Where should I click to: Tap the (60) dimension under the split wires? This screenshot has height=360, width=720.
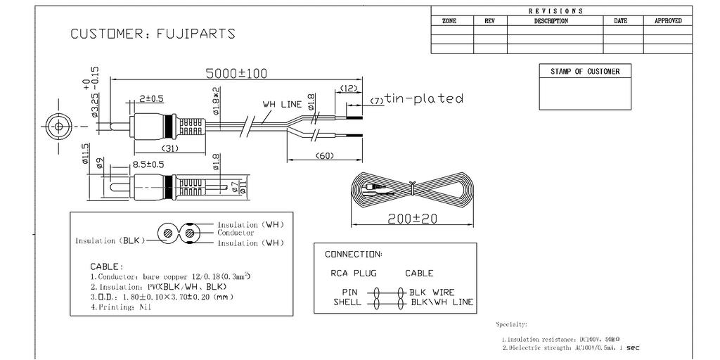(x=324, y=155)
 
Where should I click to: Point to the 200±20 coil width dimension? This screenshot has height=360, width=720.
(x=412, y=219)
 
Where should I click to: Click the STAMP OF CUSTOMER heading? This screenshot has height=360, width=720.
(x=584, y=71)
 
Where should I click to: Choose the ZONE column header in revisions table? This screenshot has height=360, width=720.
(x=449, y=21)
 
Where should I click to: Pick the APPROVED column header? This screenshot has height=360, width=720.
(x=667, y=21)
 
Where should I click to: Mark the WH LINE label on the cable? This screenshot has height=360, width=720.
(x=282, y=104)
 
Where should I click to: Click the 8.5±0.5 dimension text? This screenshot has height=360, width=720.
(x=148, y=165)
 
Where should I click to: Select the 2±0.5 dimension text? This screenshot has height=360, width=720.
(x=151, y=98)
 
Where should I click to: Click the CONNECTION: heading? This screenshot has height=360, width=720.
(x=353, y=254)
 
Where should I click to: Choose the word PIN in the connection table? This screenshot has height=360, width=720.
(x=350, y=292)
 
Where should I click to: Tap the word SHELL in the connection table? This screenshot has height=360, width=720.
(x=347, y=302)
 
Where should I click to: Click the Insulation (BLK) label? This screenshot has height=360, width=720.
(x=109, y=240)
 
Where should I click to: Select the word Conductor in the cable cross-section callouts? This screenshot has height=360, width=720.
(x=236, y=233)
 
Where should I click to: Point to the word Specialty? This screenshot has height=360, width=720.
(x=511, y=325)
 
